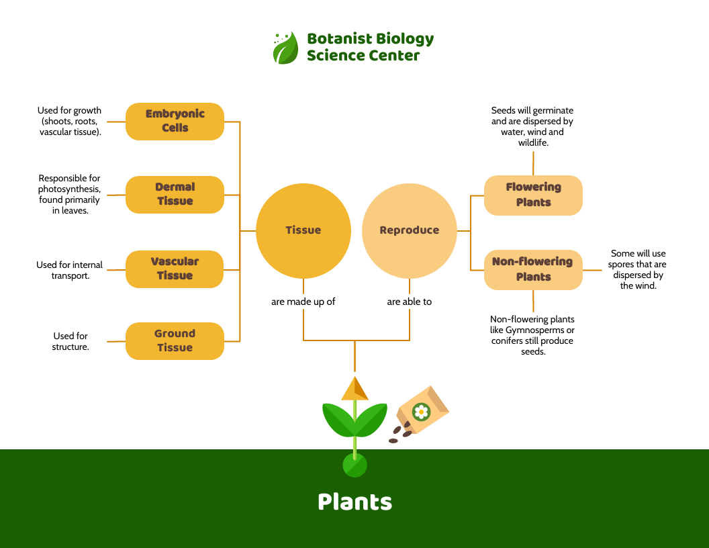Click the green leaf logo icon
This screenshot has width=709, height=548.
(x=285, y=48)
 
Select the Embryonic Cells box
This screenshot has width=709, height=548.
(x=175, y=121)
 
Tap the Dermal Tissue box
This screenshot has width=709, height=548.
(x=175, y=194)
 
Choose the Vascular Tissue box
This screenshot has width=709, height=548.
(x=175, y=269)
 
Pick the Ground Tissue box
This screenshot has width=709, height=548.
(x=175, y=340)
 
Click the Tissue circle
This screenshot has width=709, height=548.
(x=303, y=230)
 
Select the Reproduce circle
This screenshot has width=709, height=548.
(x=409, y=230)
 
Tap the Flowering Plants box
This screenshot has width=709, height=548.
(x=533, y=195)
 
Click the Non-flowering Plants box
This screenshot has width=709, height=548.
(x=533, y=269)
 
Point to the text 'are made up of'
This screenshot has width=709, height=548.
(x=303, y=302)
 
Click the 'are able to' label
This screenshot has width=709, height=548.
(x=409, y=302)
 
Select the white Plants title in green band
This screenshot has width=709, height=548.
(x=354, y=502)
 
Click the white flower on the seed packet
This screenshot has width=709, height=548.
(x=421, y=412)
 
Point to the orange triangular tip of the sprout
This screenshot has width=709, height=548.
(x=354, y=390)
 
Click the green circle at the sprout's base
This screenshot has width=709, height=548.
(x=354, y=465)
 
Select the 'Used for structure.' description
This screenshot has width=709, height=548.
(x=70, y=341)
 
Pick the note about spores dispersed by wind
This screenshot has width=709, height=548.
(x=638, y=269)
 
